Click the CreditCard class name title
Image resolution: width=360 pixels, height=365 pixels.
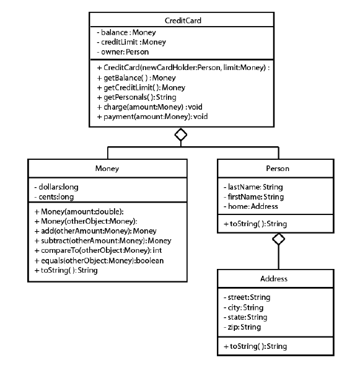pyautogui.click(x=180, y=20)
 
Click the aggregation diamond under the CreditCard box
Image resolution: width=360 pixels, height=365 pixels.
pyautogui.click(x=180, y=134)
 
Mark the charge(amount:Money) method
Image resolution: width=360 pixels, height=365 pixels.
pyautogui.click(x=142, y=107)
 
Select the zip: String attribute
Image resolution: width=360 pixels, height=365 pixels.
pyautogui.click(x=242, y=327)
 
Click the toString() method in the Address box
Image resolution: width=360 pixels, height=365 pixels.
pyautogui.click(x=252, y=345)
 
